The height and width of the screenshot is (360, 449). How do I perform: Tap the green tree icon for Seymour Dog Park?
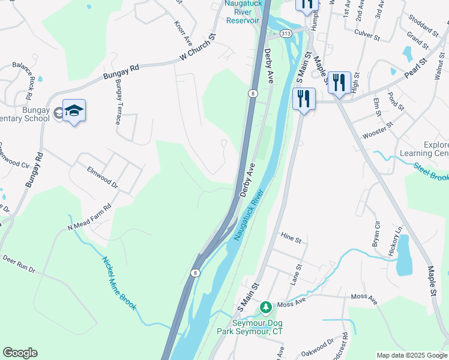[265, 307]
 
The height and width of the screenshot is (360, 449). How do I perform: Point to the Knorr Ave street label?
[182, 34]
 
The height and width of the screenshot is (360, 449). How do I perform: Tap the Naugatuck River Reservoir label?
[243, 11]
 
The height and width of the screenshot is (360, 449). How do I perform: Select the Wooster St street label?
[377, 130]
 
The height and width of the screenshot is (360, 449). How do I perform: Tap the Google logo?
[20, 353]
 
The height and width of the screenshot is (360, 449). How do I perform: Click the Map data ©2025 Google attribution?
[412, 355]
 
